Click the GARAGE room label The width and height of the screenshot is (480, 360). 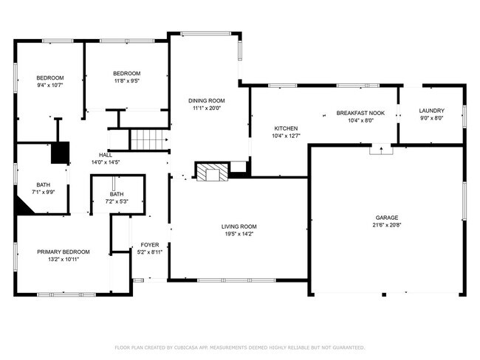[386, 218]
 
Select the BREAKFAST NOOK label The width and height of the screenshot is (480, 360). [360, 113]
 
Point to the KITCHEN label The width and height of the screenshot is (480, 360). [286, 128]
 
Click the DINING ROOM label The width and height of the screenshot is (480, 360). [208, 100]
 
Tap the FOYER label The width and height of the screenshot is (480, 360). [150, 244]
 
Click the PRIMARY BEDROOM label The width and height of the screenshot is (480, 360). [64, 252]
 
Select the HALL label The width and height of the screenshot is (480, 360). [106, 154]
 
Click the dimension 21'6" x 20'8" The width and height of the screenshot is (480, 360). [386, 226]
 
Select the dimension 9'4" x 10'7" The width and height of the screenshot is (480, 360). [50, 86]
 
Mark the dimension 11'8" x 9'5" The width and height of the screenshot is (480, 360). [126, 81]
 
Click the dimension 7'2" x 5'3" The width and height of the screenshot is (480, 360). [117, 201]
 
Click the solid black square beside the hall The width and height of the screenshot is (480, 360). [60, 152]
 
